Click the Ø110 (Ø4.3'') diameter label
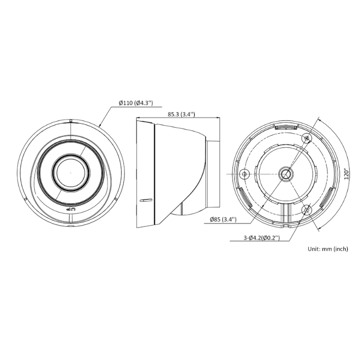[x=136, y=103]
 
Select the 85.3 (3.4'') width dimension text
[x=180, y=114]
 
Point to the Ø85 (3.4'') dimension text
[x=223, y=220]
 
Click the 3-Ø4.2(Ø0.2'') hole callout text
[x=254, y=237]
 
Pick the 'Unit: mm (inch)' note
[x=328, y=248]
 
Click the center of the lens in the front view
[x=71, y=173]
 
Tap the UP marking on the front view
[x=71, y=209]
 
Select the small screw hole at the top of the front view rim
[x=71, y=121]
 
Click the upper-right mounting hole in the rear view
[x=307, y=137]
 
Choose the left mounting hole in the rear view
[x=244, y=173]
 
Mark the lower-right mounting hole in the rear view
[x=307, y=209]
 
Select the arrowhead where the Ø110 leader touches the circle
[x=99, y=126]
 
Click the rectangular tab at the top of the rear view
[x=286, y=127]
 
